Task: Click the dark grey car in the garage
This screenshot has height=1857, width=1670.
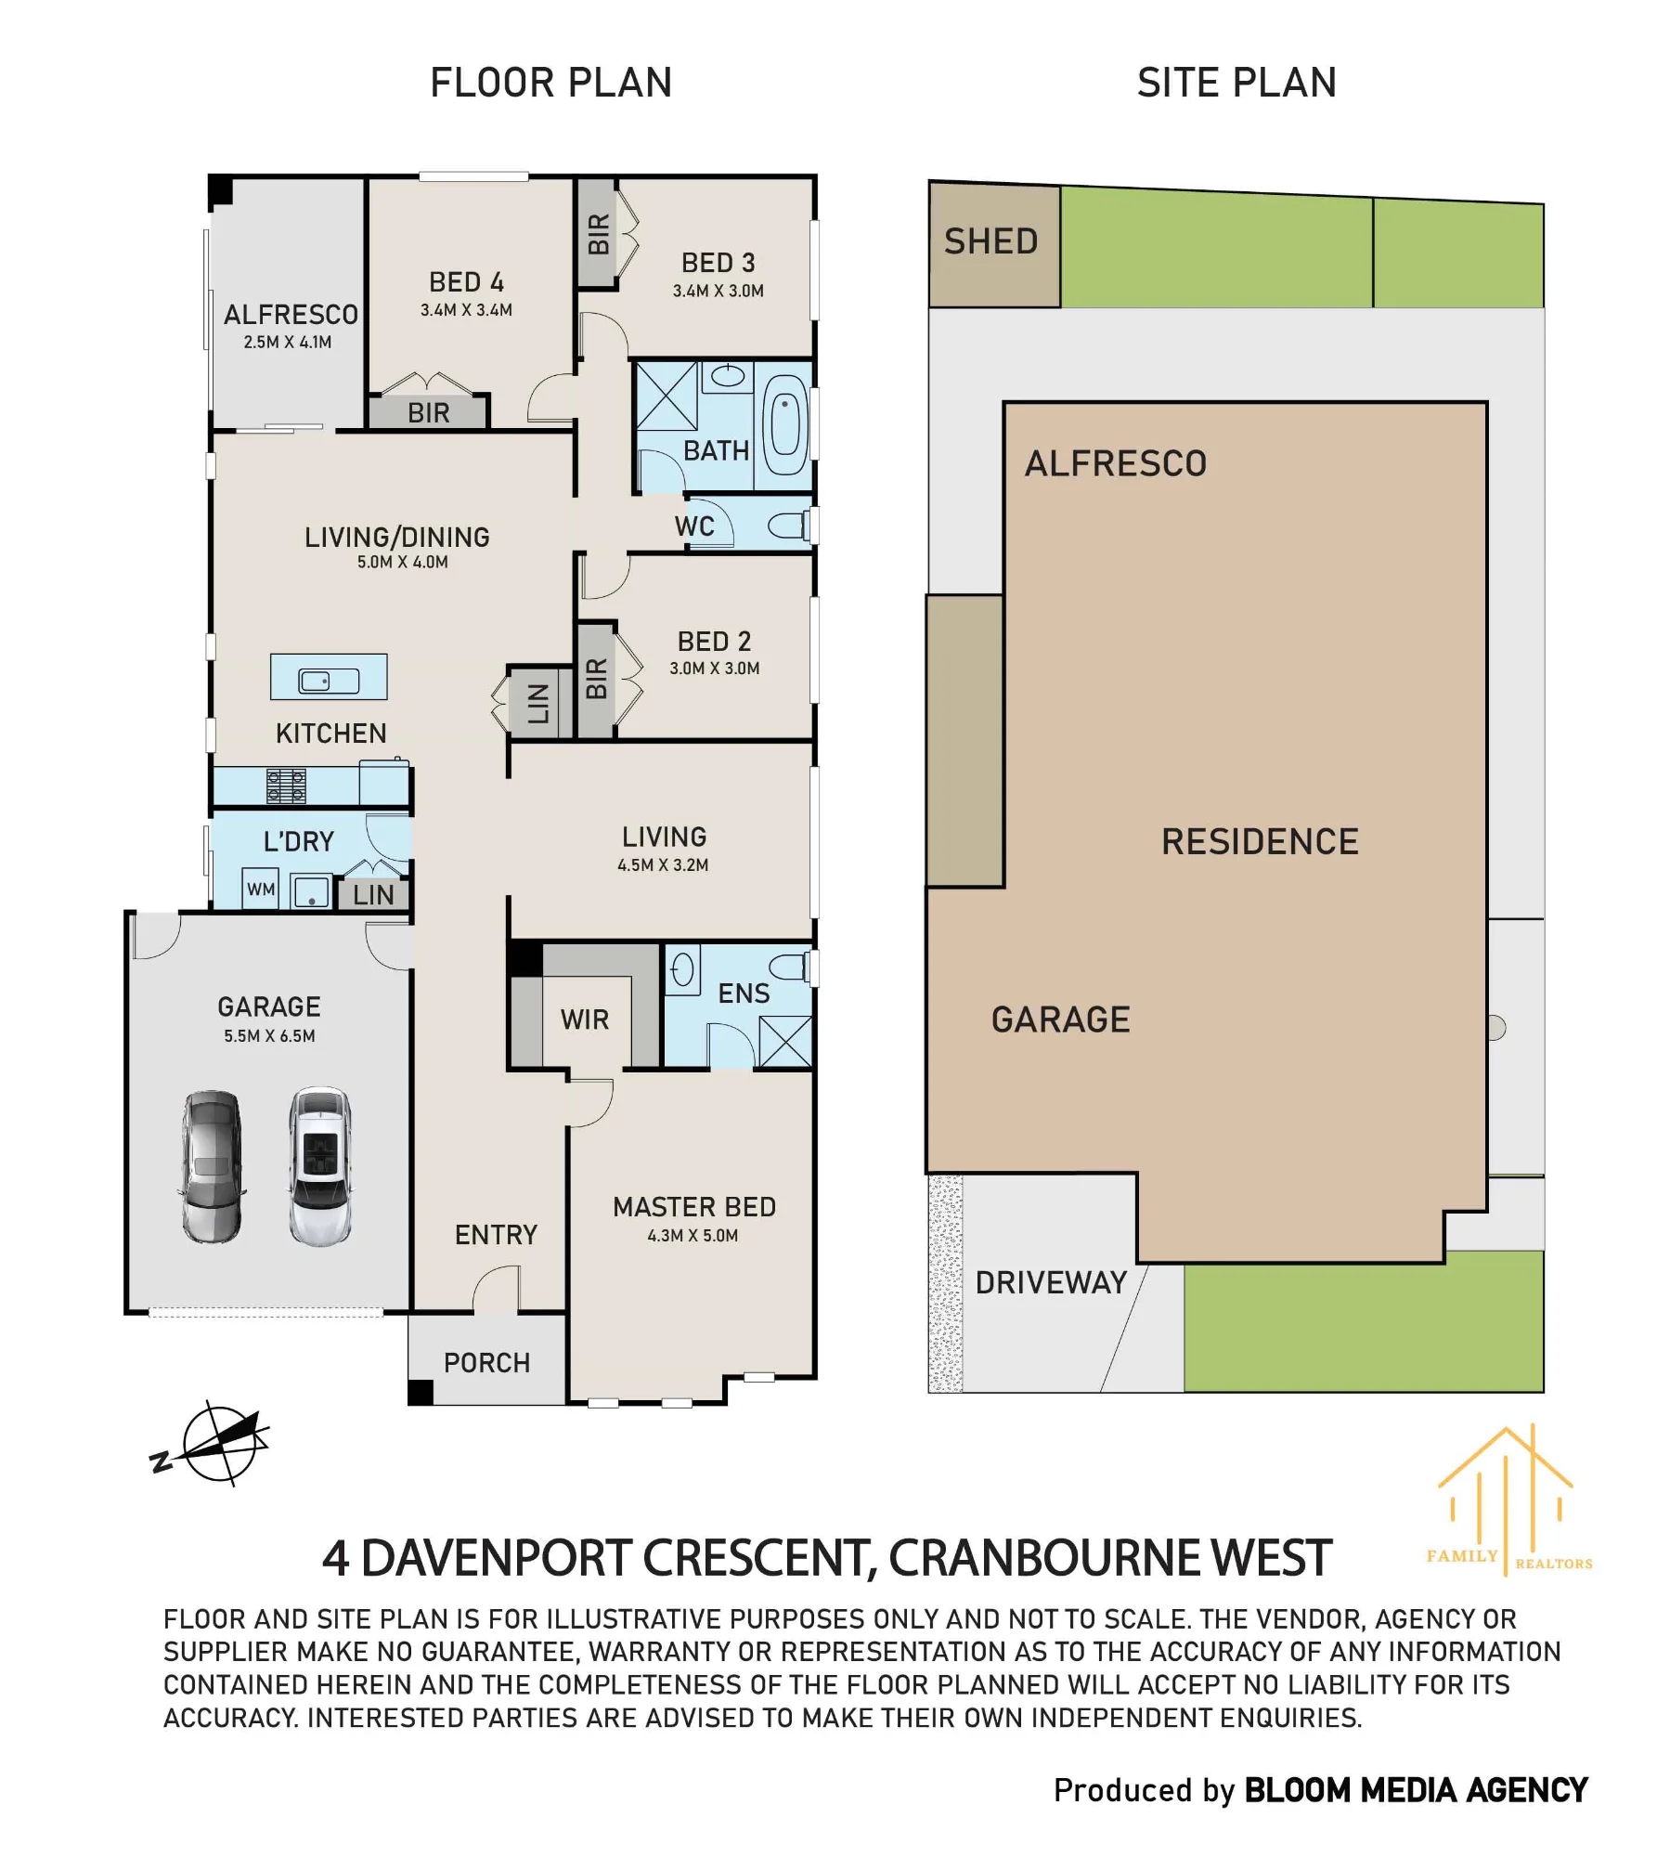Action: point(213,1167)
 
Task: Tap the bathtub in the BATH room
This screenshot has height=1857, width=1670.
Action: point(785,425)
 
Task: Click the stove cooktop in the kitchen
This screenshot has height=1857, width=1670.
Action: point(286,786)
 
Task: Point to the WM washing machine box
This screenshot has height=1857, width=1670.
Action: point(261,889)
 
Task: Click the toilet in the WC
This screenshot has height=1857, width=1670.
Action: point(788,526)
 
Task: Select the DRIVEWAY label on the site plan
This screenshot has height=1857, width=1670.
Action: point(1051,1283)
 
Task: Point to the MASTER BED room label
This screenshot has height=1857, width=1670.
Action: point(694,1207)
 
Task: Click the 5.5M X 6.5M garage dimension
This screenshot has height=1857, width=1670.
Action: point(269,1036)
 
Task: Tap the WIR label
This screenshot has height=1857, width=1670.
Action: point(585,1019)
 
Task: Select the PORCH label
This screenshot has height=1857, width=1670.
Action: point(486,1363)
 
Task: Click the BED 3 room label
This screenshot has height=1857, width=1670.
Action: point(718,263)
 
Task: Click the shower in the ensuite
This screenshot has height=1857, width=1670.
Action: point(785,1042)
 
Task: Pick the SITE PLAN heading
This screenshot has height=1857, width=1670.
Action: point(1236,83)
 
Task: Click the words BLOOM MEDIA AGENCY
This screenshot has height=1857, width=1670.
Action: point(1416,1790)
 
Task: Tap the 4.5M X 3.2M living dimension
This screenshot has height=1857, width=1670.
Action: point(663,865)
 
